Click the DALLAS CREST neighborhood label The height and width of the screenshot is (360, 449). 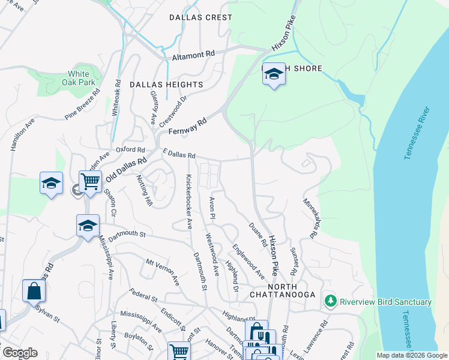[200, 17]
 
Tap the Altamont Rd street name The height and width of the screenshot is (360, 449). [193, 55]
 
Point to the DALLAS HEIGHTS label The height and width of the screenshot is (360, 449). [166, 85]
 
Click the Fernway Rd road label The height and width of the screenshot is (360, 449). [187, 125]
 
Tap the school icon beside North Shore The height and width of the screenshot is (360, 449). [274, 74]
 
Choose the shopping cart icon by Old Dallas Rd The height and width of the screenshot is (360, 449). [90, 180]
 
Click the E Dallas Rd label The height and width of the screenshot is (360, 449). [179, 155]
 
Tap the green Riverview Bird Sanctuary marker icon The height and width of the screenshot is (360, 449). [330, 301]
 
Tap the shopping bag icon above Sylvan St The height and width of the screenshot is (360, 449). [34, 291]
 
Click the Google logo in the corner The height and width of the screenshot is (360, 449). [19, 353]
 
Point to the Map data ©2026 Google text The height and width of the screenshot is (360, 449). [411, 355]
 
